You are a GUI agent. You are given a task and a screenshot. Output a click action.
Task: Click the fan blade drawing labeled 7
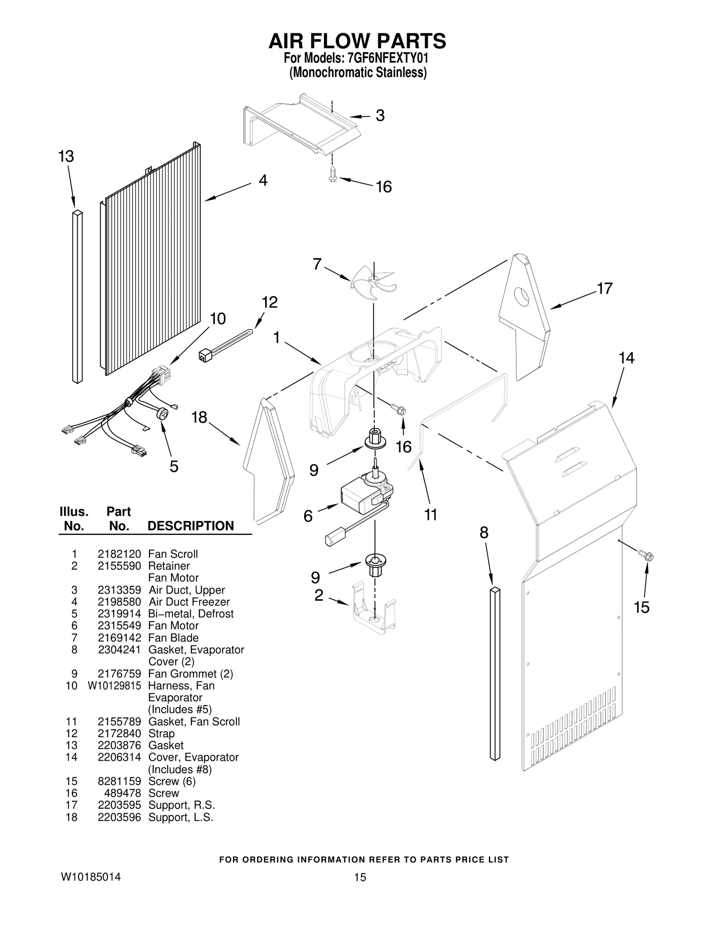(x=373, y=280)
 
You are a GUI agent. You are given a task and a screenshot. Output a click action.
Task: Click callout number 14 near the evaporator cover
(x=626, y=358)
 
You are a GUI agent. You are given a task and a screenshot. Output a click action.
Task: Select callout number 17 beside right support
(x=604, y=288)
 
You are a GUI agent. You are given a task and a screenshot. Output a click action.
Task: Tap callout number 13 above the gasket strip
(x=66, y=156)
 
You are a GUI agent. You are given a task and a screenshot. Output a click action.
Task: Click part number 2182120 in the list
(x=119, y=554)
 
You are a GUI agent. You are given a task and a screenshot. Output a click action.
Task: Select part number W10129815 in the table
(x=114, y=686)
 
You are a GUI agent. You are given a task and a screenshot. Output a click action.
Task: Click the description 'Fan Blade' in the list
(x=173, y=637)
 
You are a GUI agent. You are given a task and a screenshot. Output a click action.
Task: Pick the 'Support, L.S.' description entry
(x=181, y=817)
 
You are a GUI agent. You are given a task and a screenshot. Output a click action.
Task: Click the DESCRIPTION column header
(x=191, y=526)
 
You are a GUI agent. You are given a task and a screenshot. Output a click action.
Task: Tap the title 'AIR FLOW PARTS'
(x=357, y=41)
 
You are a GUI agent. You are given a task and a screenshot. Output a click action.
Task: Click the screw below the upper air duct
(x=333, y=175)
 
